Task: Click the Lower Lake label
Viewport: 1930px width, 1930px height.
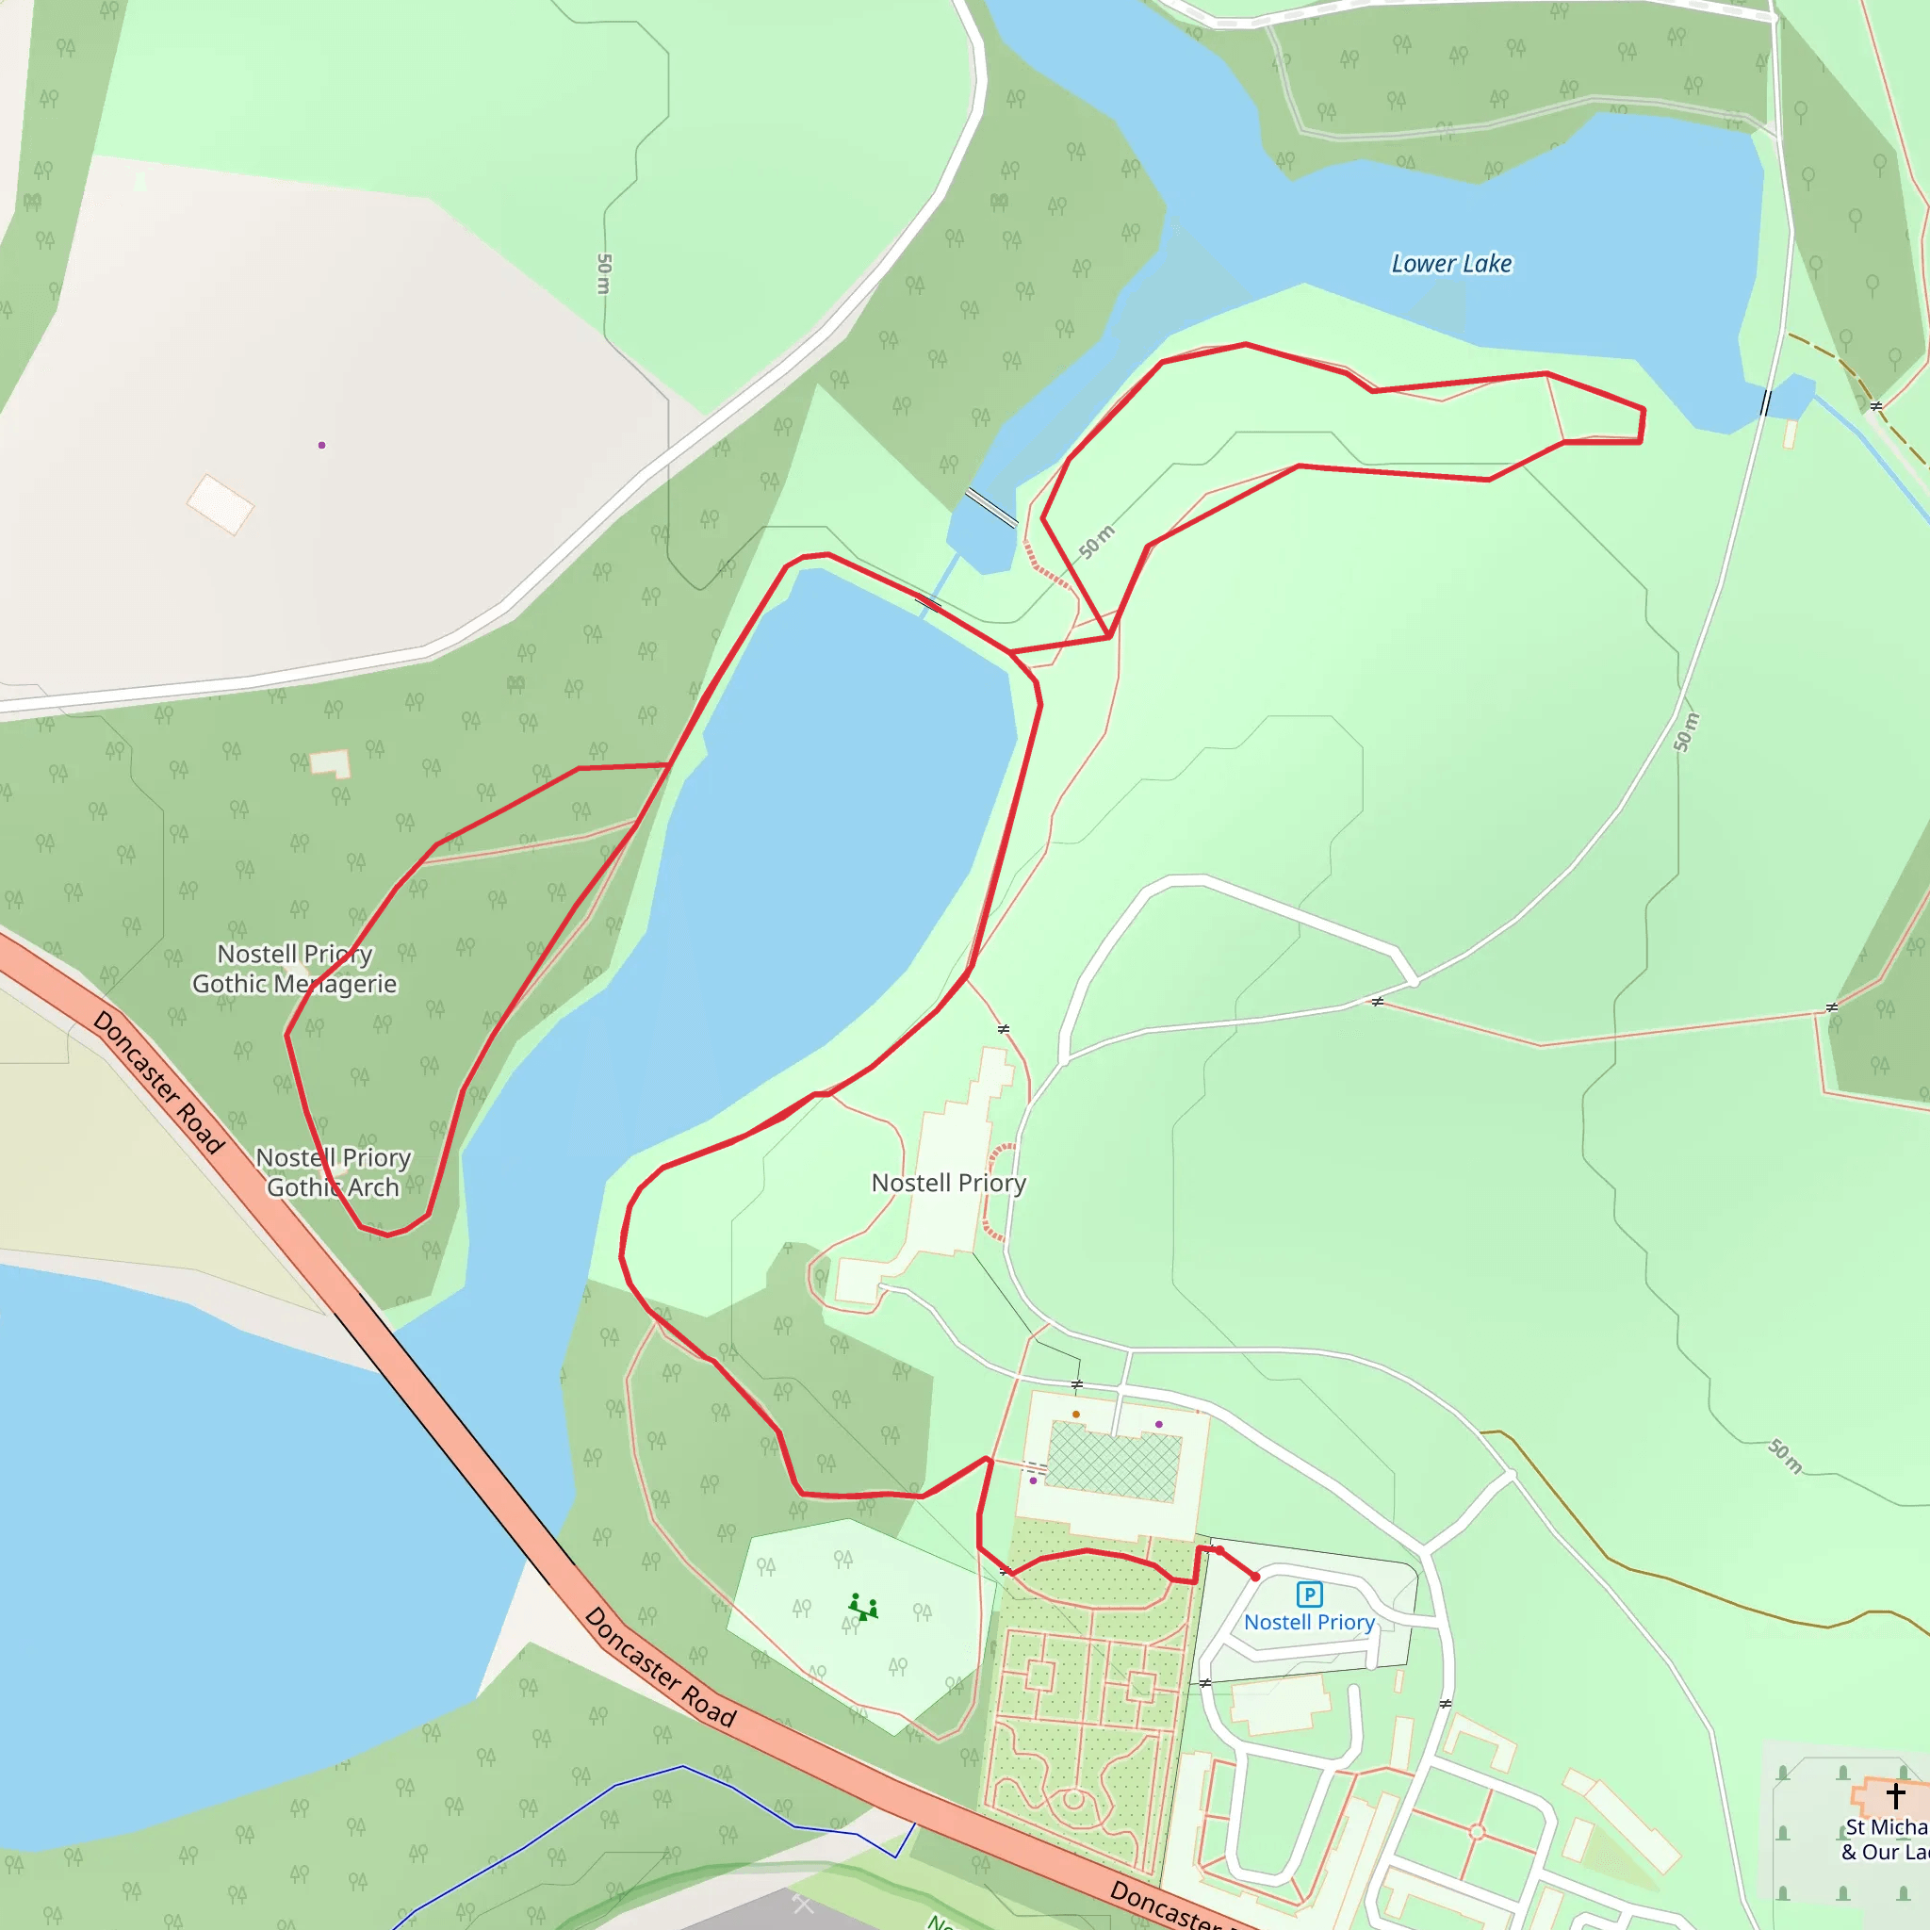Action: [1450, 264]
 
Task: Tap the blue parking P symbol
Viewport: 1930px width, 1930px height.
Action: [1309, 1595]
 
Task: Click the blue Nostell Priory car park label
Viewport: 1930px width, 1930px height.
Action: [1309, 1623]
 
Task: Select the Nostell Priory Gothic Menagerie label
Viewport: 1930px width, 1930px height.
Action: [295, 969]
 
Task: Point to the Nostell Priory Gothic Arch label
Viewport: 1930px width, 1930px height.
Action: [333, 1172]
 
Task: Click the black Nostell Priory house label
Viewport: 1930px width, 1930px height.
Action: [948, 1183]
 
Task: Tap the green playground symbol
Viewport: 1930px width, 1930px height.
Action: [863, 1608]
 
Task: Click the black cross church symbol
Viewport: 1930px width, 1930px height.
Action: [1895, 1794]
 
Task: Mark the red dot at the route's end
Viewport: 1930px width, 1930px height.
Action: [1255, 1577]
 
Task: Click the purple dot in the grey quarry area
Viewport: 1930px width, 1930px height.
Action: [321, 445]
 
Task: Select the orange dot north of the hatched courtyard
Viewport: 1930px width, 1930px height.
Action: [1076, 1415]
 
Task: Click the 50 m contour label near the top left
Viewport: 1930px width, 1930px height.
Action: [603, 273]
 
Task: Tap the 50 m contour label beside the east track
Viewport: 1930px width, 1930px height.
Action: [1686, 732]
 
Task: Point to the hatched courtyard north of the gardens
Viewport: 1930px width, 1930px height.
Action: [1114, 1462]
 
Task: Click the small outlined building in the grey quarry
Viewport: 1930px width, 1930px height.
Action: [221, 503]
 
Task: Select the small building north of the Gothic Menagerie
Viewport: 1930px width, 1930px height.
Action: [331, 764]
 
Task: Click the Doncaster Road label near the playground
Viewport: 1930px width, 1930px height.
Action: [661, 1667]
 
